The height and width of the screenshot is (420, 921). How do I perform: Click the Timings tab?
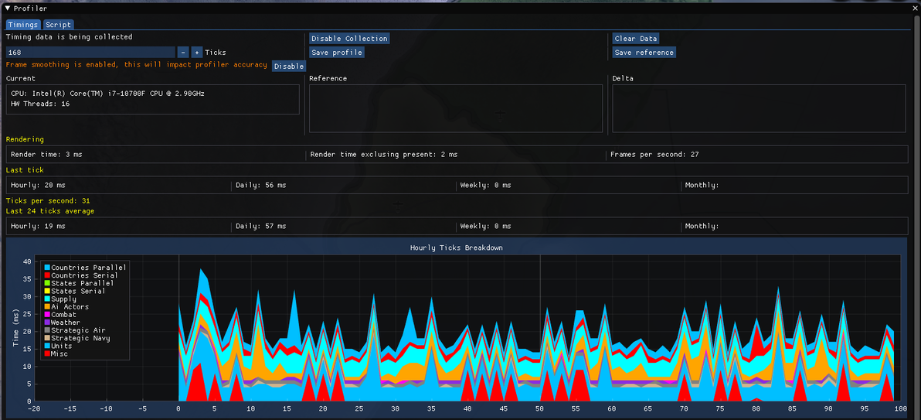[x=23, y=25]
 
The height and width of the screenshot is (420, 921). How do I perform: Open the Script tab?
[x=58, y=25]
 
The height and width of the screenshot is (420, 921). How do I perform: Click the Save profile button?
[x=337, y=53]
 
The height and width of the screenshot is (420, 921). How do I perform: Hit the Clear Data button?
[x=636, y=38]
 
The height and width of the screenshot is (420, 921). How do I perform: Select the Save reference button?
[x=644, y=53]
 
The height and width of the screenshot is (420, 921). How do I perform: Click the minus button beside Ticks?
[x=182, y=53]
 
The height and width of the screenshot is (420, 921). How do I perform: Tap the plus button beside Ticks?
[x=197, y=53]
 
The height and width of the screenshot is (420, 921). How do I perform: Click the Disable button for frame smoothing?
[x=288, y=67]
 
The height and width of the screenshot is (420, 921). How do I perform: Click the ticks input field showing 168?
[x=90, y=53]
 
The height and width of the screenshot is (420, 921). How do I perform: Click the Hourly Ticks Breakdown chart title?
[x=457, y=248]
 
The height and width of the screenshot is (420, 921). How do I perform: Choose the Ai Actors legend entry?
[x=66, y=306]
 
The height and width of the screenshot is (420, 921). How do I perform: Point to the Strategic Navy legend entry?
[x=76, y=338]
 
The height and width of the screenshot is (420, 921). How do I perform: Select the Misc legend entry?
[x=56, y=353]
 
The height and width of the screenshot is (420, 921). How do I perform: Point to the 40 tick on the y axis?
[x=25, y=261]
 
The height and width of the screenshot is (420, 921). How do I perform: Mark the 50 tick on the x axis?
[x=540, y=408]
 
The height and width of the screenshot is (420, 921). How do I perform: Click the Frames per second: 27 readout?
[x=654, y=154]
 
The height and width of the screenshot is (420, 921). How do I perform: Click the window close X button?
[x=915, y=9]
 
